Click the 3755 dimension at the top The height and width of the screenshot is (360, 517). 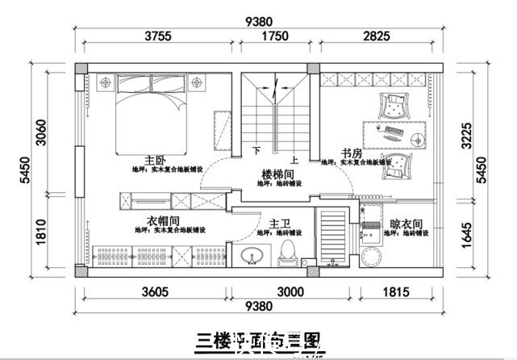click(160, 35)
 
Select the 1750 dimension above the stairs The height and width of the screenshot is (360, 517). click(274, 35)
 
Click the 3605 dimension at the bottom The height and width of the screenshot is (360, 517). click(156, 291)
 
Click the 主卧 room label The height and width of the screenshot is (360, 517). click(155, 160)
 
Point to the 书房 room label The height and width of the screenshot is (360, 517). click(351, 153)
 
